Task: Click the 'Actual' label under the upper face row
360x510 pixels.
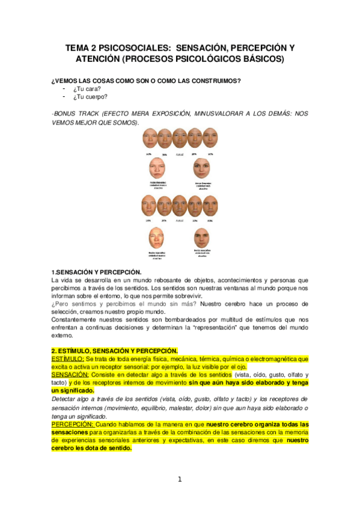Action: click(x=180, y=155)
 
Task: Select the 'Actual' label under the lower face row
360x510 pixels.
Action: click(x=180, y=221)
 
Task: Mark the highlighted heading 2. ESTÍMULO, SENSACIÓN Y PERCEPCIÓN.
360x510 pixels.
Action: click(x=114, y=351)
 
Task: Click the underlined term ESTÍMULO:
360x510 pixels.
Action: click(x=68, y=358)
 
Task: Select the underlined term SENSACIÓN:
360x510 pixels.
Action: click(x=71, y=374)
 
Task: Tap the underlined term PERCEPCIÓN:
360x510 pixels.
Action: click(x=72, y=424)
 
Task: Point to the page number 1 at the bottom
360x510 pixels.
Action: click(x=179, y=479)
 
